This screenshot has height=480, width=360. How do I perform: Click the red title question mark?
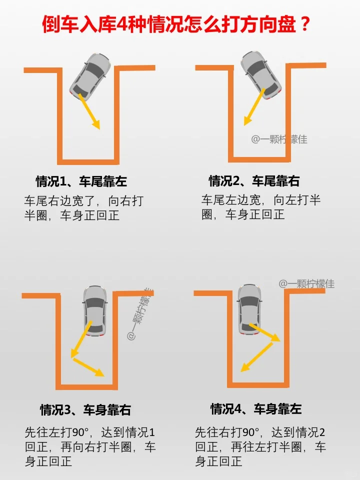coord(304,24)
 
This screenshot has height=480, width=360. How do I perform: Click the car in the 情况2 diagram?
coord(261,75)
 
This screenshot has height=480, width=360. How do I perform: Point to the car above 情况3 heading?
coord(95,311)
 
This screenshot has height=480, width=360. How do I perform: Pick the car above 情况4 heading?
coord(250,309)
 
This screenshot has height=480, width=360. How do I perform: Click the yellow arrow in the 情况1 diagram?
coord(89,111)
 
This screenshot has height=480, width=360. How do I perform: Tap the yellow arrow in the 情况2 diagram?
coord(254,107)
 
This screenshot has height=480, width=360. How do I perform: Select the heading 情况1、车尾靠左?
coord(81,181)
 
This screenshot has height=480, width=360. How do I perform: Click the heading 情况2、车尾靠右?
coord(254,181)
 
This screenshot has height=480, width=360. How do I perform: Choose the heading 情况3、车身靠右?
coord(85,410)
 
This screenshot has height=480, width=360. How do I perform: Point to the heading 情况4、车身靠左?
coord(256,409)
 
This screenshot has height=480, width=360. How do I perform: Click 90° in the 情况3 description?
coord(80,432)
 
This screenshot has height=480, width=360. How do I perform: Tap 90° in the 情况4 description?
coord(250,432)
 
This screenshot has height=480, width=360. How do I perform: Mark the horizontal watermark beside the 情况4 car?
coord(306,284)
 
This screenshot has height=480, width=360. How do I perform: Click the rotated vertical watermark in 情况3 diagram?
coord(140,314)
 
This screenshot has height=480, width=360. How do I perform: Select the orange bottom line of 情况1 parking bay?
coord(90,161)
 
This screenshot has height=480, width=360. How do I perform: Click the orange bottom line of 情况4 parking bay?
coord(258,385)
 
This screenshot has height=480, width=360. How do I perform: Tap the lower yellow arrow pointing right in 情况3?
coord(89,367)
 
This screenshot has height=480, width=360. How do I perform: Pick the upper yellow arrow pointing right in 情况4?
coord(264,332)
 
